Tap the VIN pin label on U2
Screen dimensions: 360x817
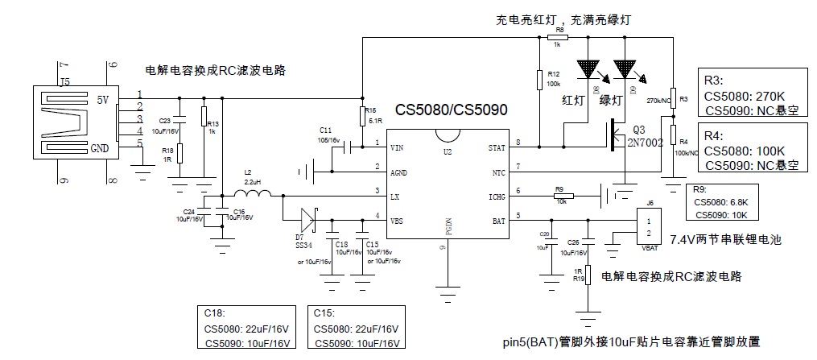point(397,148)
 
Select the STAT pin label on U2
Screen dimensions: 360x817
point(497,148)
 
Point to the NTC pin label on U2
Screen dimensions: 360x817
point(498,172)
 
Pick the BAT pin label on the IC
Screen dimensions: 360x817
point(499,219)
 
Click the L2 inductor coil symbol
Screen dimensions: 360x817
point(253,193)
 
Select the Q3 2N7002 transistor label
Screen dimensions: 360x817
point(646,136)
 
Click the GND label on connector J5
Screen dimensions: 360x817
point(99,149)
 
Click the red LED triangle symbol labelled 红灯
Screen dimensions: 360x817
point(588,68)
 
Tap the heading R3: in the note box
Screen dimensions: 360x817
point(714,81)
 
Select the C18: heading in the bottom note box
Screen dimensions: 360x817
point(218,314)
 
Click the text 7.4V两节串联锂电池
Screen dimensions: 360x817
point(725,239)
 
